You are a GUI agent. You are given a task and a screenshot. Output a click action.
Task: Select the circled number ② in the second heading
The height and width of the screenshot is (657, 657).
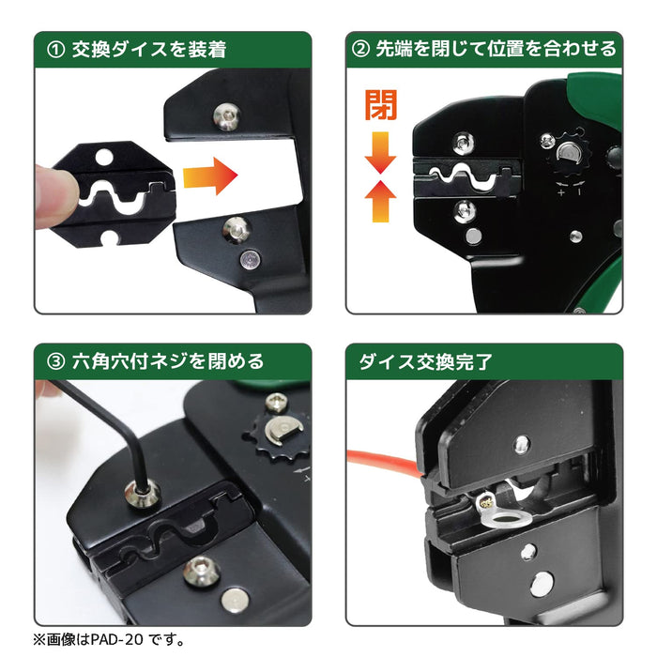[361, 49]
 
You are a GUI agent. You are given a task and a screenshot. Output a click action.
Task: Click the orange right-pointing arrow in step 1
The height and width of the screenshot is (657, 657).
[207, 176]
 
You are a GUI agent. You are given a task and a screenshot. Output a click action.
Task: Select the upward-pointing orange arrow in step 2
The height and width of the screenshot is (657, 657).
[381, 201]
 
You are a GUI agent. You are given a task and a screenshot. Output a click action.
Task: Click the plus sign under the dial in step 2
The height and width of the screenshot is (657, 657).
[560, 191]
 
